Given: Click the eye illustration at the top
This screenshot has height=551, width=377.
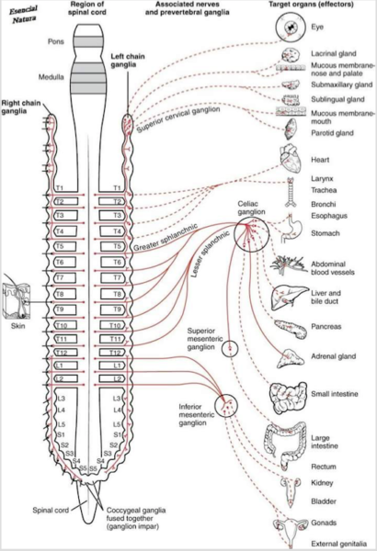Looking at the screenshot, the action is point(290,27).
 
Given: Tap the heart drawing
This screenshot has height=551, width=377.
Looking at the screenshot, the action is point(291,159).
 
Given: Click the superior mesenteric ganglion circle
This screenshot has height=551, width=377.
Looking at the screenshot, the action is point(230,342).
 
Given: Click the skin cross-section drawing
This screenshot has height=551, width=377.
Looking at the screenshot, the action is point(17,301).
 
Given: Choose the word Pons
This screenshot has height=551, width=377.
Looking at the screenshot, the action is point(56,41).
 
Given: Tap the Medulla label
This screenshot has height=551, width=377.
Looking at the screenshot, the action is point(51,77).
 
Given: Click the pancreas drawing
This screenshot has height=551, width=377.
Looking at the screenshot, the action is point(290,329).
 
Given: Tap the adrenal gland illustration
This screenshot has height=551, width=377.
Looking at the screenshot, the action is point(290,358).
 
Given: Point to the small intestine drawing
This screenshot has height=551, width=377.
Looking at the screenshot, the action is point(288,397).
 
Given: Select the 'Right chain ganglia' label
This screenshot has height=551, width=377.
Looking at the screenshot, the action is point(21,107).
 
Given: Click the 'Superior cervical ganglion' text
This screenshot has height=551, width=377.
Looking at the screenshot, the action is point(178,119).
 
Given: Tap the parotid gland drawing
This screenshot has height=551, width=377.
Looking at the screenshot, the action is point(291,129).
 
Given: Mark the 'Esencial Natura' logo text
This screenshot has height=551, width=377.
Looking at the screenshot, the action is point(23,14).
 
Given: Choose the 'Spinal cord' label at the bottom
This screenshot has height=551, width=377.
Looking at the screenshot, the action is point(51,511).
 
